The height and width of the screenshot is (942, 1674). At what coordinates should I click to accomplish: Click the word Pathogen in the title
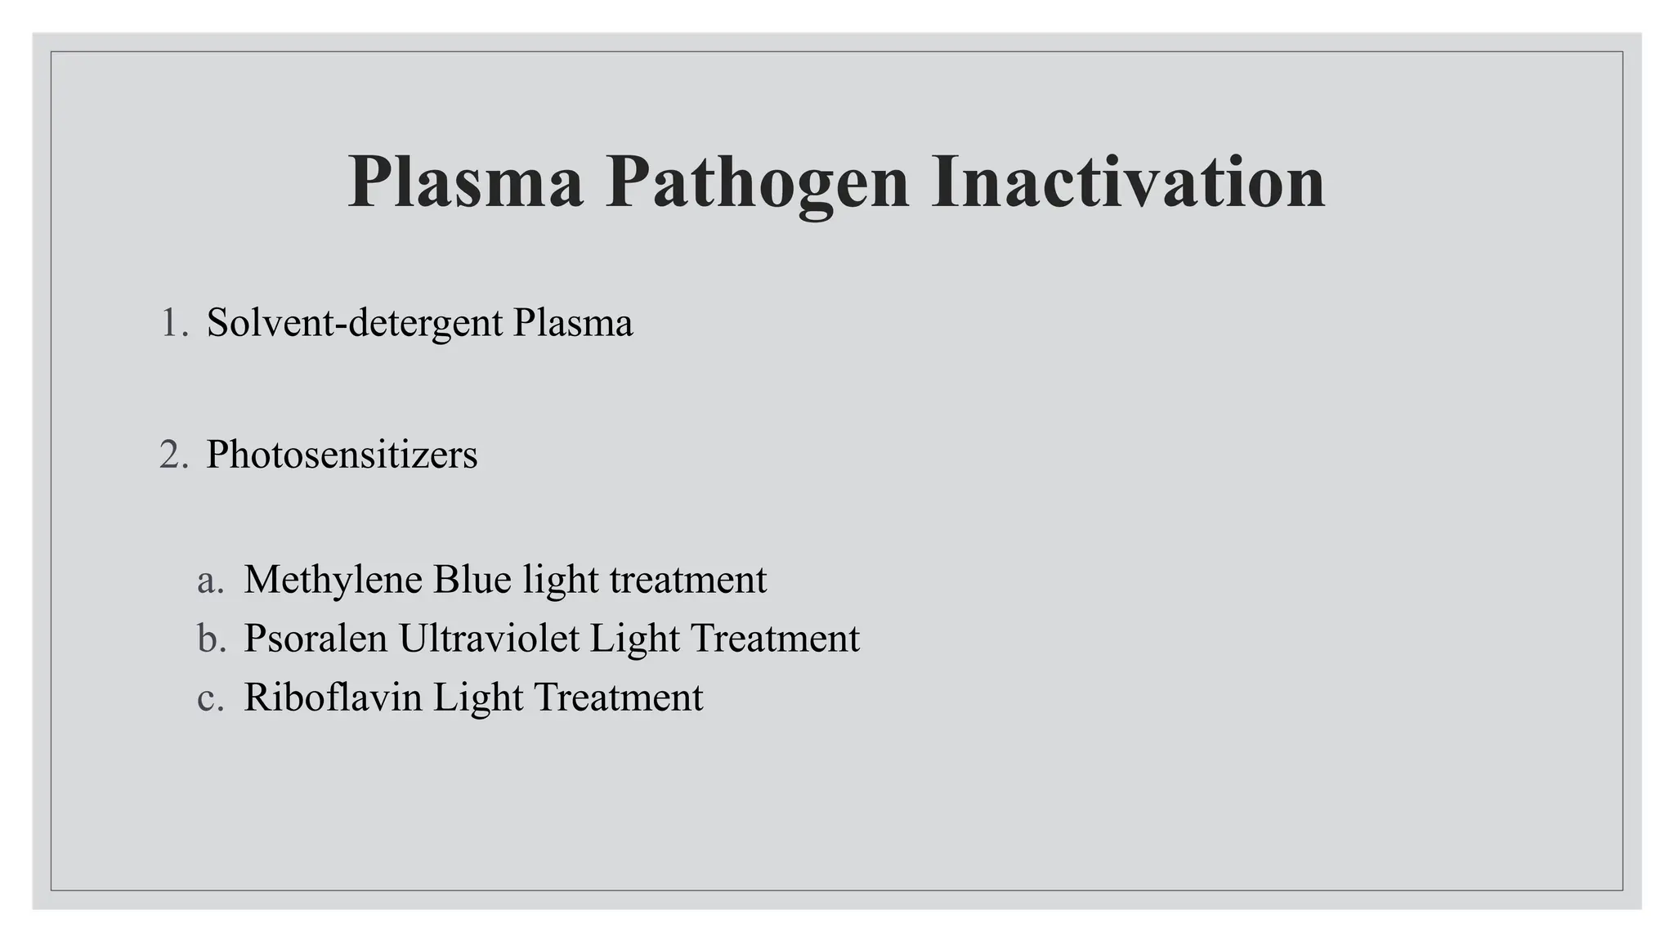[x=757, y=182]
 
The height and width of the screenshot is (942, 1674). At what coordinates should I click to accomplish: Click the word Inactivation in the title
[x=1128, y=182]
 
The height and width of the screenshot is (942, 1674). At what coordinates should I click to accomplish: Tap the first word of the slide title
[x=466, y=182]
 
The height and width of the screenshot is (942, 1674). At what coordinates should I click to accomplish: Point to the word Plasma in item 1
[x=573, y=323]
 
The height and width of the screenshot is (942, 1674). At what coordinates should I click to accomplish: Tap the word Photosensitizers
[x=342, y=455]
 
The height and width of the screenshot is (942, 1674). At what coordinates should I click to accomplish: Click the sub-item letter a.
[x=210, y=580]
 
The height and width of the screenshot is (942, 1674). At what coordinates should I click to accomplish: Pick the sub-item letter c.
[x=210, y=698]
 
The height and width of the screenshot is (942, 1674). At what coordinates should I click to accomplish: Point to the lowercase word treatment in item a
[x=688, y=580]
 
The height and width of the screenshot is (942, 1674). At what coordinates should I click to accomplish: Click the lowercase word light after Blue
[x=561, y=580]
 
